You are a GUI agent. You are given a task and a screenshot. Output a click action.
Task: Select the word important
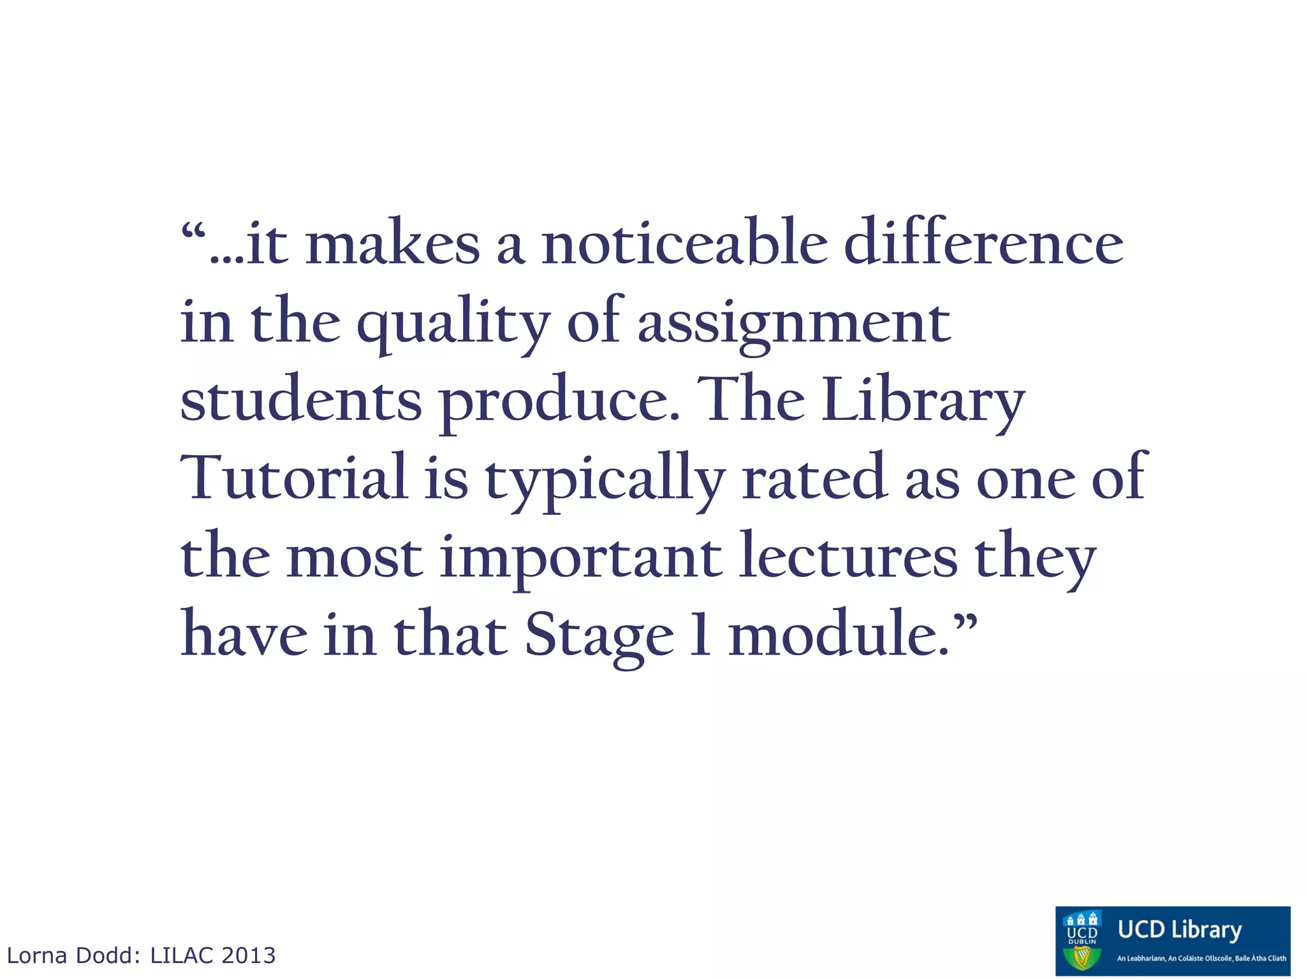click(581, 558)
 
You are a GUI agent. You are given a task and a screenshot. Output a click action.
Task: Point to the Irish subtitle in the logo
click(1201, 958)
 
